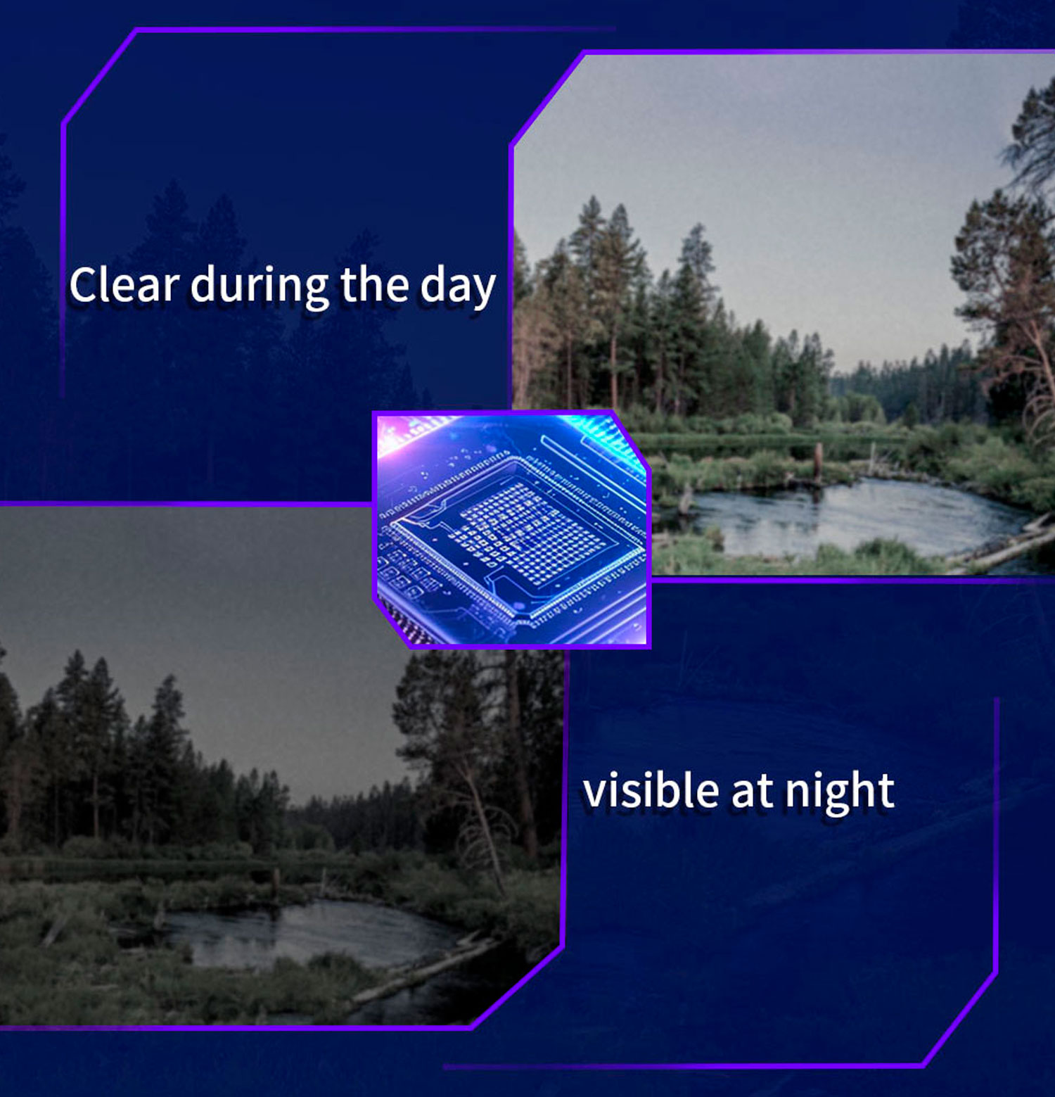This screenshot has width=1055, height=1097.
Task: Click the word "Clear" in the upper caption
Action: [x=124, y=285]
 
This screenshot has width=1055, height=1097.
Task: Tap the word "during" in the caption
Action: [x=259, y=288]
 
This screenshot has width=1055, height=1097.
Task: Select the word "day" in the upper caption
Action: [x=458, y=288]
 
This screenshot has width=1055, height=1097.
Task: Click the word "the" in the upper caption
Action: [x=374, y=284]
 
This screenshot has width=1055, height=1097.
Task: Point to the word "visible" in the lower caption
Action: [x=651, y=790]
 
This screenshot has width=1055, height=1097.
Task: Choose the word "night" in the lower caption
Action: [x=840, y=793]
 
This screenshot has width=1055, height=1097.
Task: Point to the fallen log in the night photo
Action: [x=422, y=971]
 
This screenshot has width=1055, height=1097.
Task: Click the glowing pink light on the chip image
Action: [x=397, y=433]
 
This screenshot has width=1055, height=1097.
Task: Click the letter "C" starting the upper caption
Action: [x=83, y=286]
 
